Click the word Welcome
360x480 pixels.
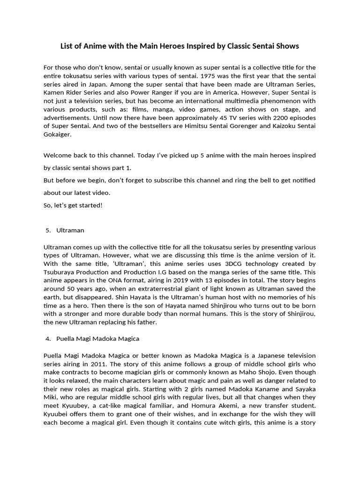[59, 155]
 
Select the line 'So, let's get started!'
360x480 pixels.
[73, 205]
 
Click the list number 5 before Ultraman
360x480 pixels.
[48, 230]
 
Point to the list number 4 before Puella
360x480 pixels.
[48, 338]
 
